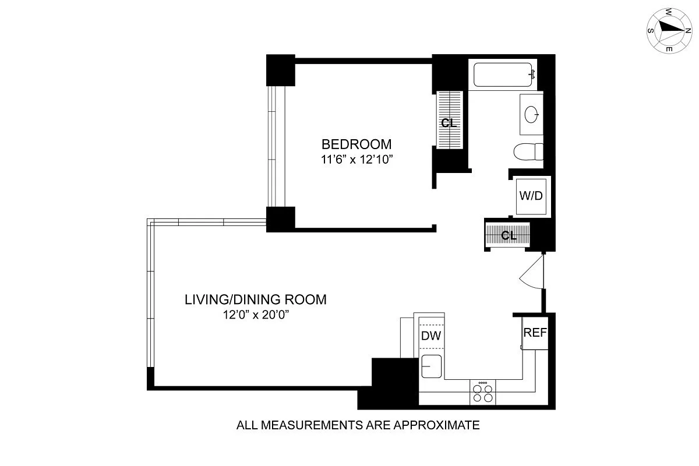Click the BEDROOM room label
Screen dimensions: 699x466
tap(357, 144)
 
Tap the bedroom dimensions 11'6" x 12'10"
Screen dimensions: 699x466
tap(357, 159)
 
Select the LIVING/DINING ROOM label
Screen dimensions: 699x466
tap(256, 300)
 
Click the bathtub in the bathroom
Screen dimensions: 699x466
tap(503, 75)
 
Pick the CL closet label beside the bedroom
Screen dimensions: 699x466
tap(449, 123)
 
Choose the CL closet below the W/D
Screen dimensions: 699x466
tap(509, 236)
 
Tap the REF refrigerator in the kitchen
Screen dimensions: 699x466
tap(535, 333)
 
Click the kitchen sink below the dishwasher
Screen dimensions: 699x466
tap(431, 367)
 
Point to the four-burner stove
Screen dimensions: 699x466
tap(483, 393)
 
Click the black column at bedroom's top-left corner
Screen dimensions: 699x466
tap(281, 70)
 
